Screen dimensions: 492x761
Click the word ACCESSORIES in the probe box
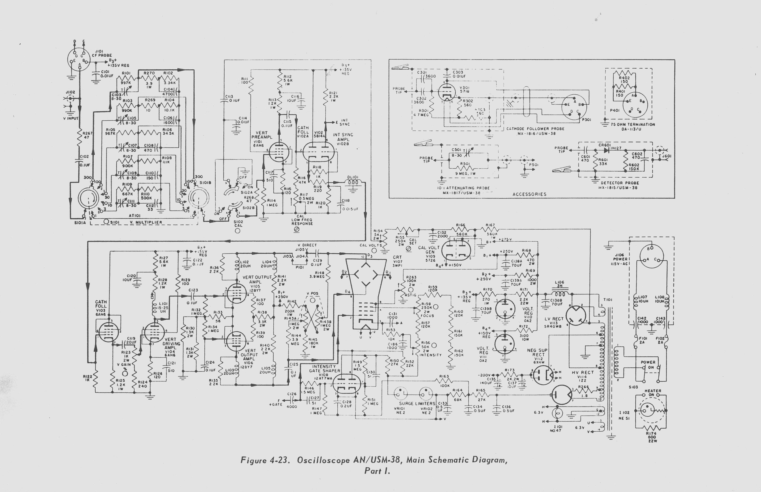coord(529,194)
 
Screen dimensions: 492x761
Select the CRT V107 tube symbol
coord(366,292)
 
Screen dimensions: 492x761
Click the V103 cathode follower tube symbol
coord(109,332)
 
